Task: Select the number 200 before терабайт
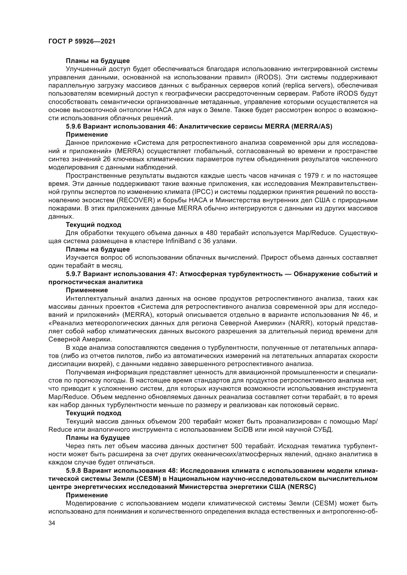(x=185, y=422)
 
